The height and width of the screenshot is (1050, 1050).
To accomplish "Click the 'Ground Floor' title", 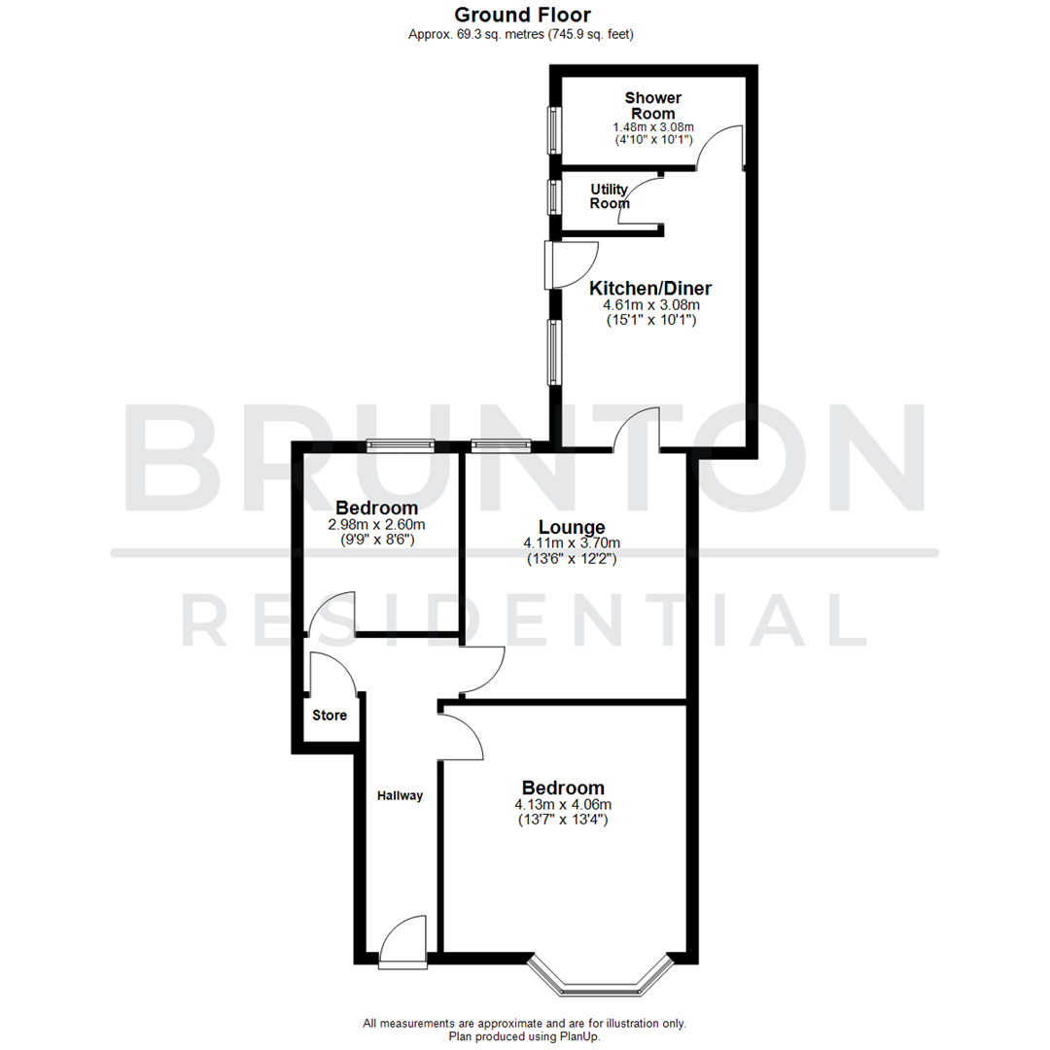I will pos(523,15).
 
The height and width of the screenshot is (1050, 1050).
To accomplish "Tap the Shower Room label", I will pos(652,105).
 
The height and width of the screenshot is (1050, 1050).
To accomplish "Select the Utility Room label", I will pos(610,195).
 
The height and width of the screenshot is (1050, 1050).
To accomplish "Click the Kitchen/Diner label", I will pos(650,288).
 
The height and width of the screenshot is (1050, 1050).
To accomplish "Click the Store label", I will pos(329,716).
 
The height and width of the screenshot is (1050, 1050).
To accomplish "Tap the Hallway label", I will pos(401,795).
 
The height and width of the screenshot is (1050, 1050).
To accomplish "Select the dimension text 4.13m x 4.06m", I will pos(563,805).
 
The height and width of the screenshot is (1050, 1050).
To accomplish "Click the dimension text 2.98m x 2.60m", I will pos(376,524).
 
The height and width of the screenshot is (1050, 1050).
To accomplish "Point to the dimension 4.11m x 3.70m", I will pos(570,543).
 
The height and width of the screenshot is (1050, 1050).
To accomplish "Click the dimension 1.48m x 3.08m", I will pos(652,127).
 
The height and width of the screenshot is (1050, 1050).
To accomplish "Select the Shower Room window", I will pos(554,129).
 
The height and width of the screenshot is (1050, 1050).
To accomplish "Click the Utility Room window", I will pos(554,197).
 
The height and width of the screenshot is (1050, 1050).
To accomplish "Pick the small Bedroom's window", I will pos(400,445).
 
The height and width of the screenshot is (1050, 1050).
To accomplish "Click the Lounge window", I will pos(500,445).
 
